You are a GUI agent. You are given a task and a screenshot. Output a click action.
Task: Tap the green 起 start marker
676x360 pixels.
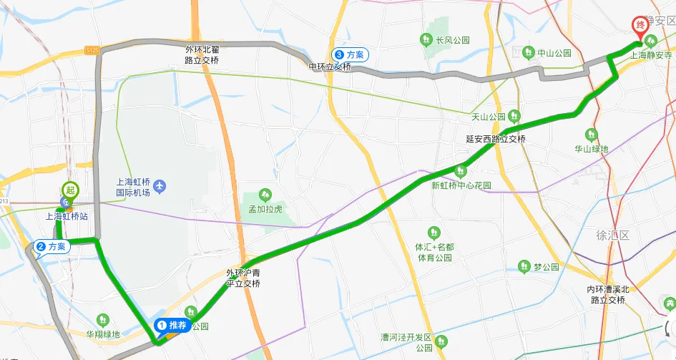[69, 190]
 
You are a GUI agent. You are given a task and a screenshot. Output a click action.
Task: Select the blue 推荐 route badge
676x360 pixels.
[172, 325]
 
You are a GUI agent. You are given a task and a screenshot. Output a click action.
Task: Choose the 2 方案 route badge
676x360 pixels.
[52, 247]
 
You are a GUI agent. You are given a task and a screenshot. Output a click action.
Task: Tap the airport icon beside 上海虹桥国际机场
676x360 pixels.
[159, 188]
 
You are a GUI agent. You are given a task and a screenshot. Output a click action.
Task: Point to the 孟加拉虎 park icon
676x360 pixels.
[265, 195]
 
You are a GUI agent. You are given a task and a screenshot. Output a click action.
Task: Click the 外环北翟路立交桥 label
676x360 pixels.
[202, 55]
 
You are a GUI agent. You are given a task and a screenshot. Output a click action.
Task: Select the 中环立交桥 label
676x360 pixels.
[330, 67]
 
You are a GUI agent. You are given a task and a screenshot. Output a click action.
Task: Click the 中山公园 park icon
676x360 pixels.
[529, 52]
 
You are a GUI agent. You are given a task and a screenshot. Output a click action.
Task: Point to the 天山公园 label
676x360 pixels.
[488, 117]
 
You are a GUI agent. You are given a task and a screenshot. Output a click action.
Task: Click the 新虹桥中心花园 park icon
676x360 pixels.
[461, 170]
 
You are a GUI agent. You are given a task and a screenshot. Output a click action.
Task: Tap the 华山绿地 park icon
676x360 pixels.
[592, 135]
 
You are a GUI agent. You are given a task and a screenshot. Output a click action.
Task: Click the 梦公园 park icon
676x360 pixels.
[524, 267]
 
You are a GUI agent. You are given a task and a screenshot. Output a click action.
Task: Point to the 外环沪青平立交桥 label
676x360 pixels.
[243, 278]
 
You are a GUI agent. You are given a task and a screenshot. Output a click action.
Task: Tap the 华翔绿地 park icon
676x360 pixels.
[104, 319]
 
